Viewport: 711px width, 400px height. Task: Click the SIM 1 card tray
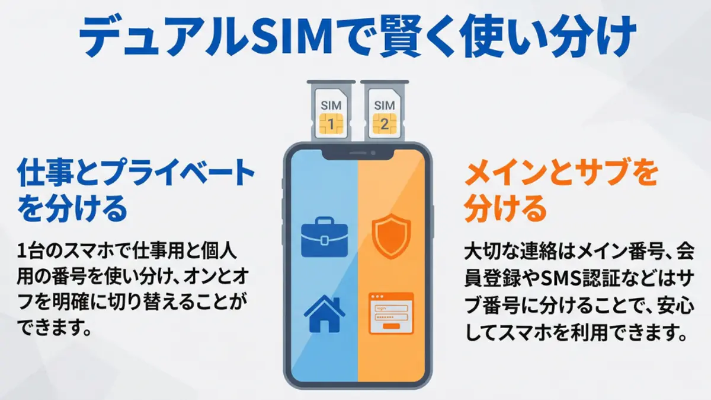coord(331,110)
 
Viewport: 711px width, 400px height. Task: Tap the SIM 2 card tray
coord(384,110)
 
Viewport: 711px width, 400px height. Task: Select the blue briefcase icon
coord(324,238)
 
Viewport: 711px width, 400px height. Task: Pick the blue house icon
coord(324,314)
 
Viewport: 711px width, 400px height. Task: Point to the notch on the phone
coord(357,155)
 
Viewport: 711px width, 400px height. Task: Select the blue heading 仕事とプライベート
coord(137,174)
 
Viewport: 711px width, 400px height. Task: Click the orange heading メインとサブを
coord(561,174)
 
